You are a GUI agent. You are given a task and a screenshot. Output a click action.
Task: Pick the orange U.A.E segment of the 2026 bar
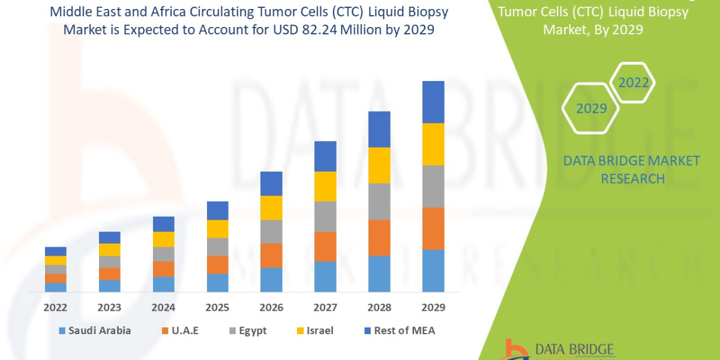[271, 255]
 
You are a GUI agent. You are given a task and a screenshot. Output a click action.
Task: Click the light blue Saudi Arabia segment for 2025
[217, 283]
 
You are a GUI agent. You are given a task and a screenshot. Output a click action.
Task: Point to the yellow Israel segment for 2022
[56, 260]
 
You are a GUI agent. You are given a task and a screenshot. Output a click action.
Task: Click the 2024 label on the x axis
[163, 308]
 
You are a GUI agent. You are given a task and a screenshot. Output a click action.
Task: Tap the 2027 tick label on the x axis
[325, 308]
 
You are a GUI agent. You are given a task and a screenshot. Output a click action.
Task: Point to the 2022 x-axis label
[56, 308]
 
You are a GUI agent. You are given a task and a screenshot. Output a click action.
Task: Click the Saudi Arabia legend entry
[94, 331]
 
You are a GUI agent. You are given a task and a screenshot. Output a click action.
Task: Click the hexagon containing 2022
[633, 83]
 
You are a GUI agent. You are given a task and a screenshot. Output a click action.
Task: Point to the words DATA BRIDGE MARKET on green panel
[632, 161]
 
